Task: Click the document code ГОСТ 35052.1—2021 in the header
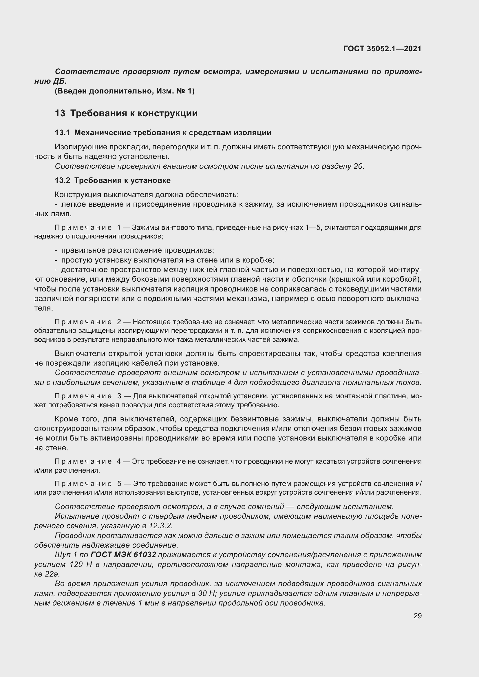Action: [382, 49]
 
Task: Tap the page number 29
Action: [417, 616]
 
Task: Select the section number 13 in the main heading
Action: [60, 113]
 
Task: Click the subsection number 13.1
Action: [62, 133]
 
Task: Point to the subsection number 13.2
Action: [62, 180]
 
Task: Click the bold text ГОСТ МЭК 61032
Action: [123, 555]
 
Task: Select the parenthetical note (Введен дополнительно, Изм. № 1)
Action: [125, 91]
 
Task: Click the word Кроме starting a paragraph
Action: [66, 419]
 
